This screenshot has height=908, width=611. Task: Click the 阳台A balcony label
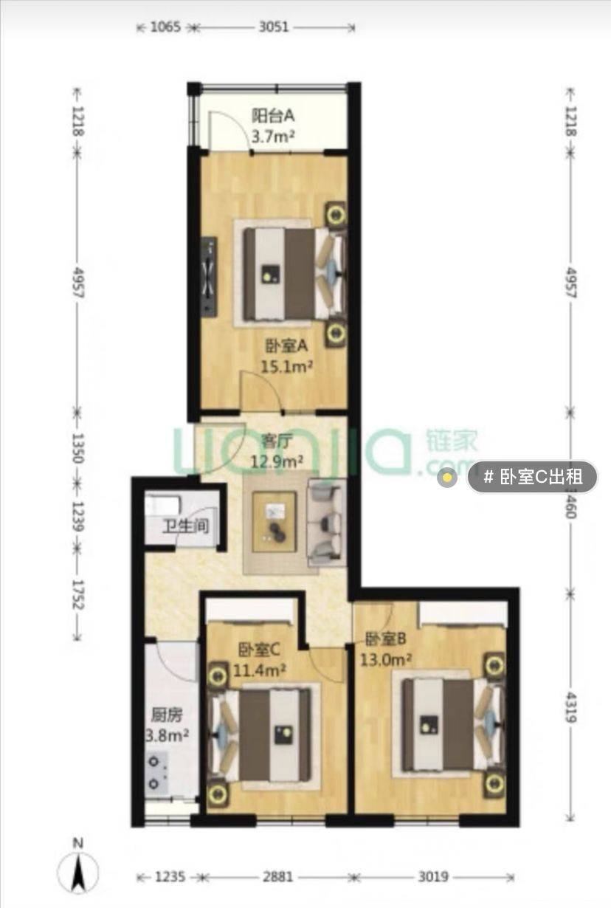(273, 117)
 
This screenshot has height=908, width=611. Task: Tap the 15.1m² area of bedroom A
(286, 367)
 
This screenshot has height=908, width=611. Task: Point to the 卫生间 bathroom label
(186, 526)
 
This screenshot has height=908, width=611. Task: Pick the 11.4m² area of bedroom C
(260, 670)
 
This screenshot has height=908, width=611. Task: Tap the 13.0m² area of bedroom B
(386, 659)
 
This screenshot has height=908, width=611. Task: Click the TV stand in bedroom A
(209, 276)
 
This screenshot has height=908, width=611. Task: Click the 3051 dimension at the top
(274, 27)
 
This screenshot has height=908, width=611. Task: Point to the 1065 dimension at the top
(165, 27)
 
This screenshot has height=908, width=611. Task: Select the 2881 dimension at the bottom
(278, 877)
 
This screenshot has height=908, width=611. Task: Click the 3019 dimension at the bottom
(433, 877)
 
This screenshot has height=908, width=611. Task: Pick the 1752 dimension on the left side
(77, 594)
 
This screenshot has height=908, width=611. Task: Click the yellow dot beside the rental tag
(447, 477)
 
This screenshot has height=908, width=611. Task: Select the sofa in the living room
(327, 522)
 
